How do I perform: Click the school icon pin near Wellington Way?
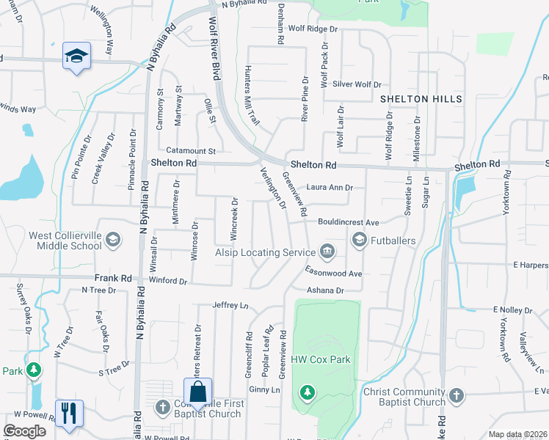click(x=76, y=56)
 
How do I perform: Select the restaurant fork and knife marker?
click(x=69, y=413)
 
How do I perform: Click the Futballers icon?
click(x=360, y=240)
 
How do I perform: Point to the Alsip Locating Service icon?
click(x=328, y=252)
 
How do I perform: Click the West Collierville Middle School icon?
click(x=113, y=240)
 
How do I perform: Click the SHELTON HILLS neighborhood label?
click(x=421, y=98)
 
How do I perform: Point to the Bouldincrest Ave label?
click(x=348, y=222)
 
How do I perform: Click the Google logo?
click(x=24, y=430)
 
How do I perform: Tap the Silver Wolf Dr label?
click(x=357, y=84)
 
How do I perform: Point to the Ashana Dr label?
click(x=325, y=290)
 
